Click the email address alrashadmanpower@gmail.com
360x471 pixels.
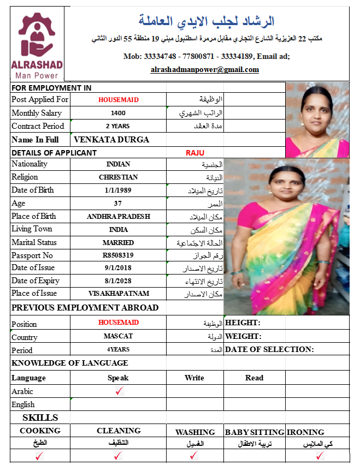click(205, 70)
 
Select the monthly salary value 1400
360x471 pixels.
click(118, 114)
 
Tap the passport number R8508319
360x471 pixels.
click(119, 255)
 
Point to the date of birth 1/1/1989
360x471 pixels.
click(118, 190)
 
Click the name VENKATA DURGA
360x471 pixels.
click(111, 140)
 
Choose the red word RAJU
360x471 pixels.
click(195, 153)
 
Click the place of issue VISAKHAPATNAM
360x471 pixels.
click(118, 294)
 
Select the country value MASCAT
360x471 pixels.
click(118, 336)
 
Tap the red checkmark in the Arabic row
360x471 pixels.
click(120, 391)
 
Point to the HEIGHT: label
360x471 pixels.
click(243, 323)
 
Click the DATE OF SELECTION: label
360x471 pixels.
click(269, 349)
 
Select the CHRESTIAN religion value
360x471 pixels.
click(118, 177)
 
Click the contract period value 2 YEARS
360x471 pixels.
click(118, 126)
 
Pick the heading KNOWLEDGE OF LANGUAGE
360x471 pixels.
click(70, 363)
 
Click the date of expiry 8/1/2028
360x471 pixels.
click(118, 281)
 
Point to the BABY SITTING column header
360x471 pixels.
click(255, 432)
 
